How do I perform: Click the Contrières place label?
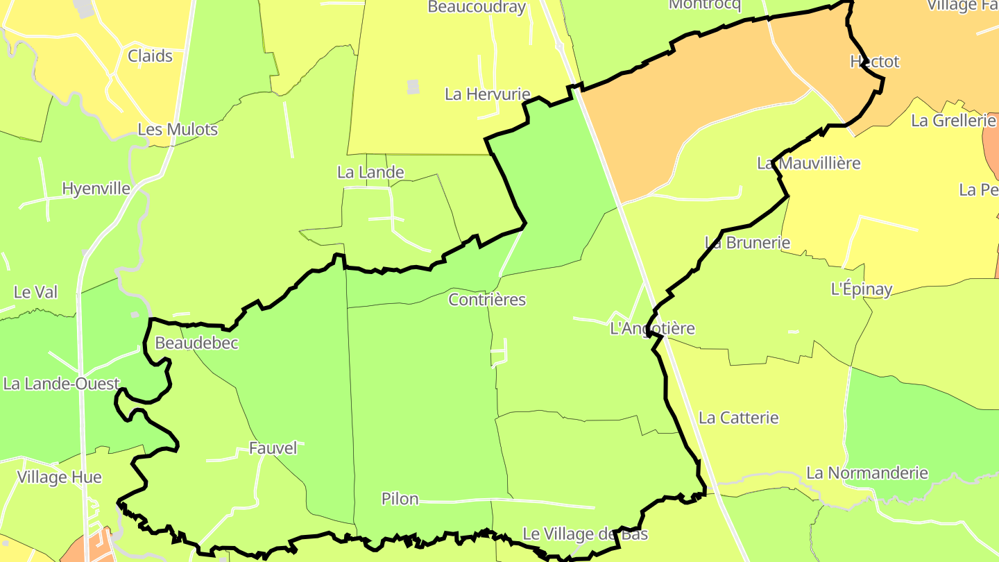pos(487,300)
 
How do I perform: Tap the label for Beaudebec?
pos(196,343)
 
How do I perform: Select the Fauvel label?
pos(273,448)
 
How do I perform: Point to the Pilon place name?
pos(400,499)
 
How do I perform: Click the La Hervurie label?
pos(487,94)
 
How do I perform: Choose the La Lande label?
pos(370,172)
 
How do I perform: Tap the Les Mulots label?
pos(178,130)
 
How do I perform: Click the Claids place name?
pos(150,56)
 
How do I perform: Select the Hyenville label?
pos(96,189)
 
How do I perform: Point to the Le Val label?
pos(35,292)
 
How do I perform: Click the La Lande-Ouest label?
pos(61,384)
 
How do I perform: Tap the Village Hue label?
pos(59,477)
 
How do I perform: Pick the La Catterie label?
pos(738,418)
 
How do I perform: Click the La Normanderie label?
pos(866,473)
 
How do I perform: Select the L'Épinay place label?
pos(862,289)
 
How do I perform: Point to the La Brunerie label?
pos(747,243)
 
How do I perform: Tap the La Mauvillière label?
pos(808,163)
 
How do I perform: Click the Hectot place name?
pos(874,62)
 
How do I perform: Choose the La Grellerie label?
pos(953,121)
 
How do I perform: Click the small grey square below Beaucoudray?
pos(413,87)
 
